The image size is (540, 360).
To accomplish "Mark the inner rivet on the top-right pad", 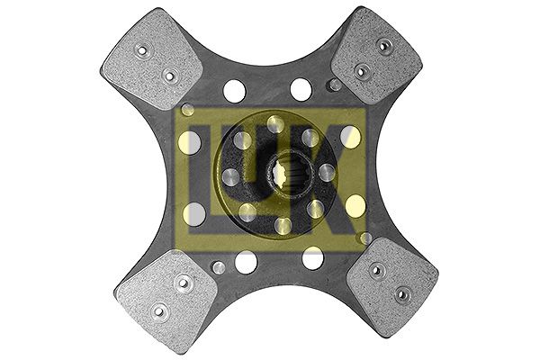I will [x=361, y=70].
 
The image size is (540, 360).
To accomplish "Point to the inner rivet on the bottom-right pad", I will [x=377, y=270].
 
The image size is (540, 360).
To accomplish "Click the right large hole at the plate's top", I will [x=301, y=89].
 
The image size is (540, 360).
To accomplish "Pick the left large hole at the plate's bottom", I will [x=246, y=262].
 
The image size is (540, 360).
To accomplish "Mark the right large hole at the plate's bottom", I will [x=312, y=258].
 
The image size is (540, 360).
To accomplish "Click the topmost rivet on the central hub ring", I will [x=275, y=123].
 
